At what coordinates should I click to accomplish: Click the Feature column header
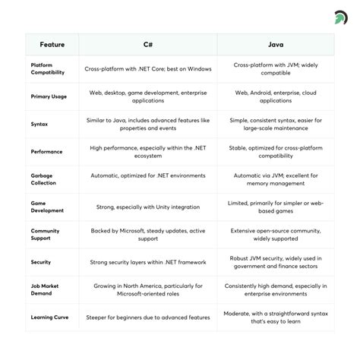tap(52, 44)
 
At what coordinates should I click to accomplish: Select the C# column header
tap(148, 44)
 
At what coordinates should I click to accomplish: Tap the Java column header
tap(275, 44)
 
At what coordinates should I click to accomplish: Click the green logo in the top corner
tap(341, 16)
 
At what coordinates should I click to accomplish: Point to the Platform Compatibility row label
tap(48, 69)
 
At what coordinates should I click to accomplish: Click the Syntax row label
tap(39, 124)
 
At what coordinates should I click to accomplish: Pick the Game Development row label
tap(47, 207)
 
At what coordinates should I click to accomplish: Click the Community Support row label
tap(45, 234)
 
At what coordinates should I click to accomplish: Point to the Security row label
tap(41, 262)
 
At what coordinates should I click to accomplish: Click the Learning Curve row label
tap(49, 317)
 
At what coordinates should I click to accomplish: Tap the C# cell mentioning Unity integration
tap(148, 207)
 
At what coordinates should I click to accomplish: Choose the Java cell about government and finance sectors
tap(275, 262)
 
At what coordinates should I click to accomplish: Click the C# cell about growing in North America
tap(148, 289)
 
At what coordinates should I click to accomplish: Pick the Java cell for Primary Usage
tap(275, 96)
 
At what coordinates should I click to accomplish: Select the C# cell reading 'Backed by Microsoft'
tap(148, 234)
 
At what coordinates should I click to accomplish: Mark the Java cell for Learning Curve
tap(275, 317)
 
